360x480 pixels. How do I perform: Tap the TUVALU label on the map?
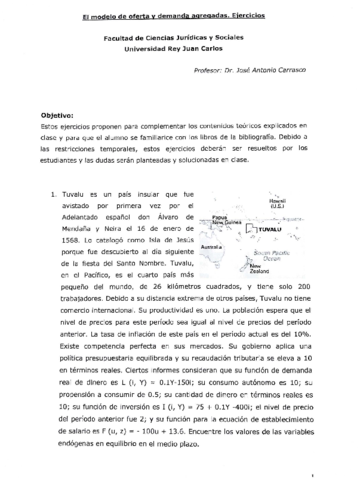click(x=302, y=229)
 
